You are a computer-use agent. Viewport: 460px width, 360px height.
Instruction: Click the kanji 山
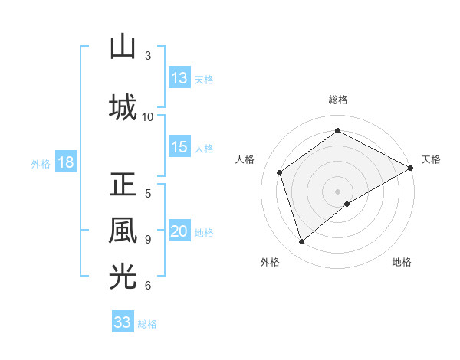[123, 47]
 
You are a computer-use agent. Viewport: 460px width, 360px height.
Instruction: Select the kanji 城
[123, 107]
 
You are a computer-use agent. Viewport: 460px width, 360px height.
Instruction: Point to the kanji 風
[123, 231]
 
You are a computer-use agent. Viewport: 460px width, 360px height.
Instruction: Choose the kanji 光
[123, 277]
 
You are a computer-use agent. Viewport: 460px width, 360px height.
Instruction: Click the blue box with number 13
[179, 78]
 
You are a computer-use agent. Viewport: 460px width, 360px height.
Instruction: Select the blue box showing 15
[179, 147]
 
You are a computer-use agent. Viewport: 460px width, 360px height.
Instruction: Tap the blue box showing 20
[179, 232]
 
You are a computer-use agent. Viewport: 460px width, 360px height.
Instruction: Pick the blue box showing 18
[64, 163]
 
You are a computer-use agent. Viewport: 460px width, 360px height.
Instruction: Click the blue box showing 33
[123, 322]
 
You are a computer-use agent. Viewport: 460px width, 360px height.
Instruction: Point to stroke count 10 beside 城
[148, 116]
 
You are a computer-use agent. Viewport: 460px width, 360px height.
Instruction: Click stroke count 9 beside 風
[148, 239]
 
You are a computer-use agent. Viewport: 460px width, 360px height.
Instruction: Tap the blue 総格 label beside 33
[147, 323]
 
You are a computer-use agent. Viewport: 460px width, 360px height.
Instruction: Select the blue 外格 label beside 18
[41, 164]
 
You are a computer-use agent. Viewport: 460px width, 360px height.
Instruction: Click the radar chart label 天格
[431, 159]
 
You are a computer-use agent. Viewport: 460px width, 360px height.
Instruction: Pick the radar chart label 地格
[402, 263]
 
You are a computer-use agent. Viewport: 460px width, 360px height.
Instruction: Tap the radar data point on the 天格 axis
[411, 168]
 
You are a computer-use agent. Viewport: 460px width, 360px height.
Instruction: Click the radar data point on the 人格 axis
[280, 172]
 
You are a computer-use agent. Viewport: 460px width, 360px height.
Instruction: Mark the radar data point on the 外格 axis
[301, 242]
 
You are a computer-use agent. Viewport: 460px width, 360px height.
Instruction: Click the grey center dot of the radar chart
[337, 191]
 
